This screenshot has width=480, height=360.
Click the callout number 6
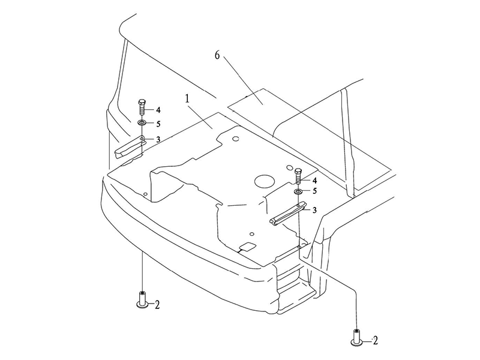(x=217, y=55)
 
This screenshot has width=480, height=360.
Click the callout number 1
(x=187, y=99)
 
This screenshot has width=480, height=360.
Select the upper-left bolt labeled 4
(x=142, y=107)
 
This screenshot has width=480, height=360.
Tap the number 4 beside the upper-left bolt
(x=158, y=110)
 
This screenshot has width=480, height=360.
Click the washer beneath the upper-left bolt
(x=142, y=123)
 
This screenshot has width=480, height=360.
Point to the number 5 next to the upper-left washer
(x=158, y=124)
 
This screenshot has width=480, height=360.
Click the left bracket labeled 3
(x=129, y=147)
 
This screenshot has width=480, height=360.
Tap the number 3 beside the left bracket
(x=158, y=140)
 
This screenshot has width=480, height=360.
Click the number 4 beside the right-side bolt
(x=314, y=181)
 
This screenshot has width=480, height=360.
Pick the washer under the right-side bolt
(x=298, y=191)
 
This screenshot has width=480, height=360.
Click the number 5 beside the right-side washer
(x=314, y=191)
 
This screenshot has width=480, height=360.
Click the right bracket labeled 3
(x=288, y=214)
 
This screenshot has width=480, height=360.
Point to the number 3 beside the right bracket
(x=314, y=211)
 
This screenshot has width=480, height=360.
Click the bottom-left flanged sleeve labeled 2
(x=142, y=300)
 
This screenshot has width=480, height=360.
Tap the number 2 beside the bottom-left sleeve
(x=157, y=305)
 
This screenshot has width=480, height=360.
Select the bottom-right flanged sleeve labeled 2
(x=356, y=338)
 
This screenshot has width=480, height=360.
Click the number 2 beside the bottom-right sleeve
(x=376, y=340)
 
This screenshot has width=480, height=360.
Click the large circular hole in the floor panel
(x=264, y=182)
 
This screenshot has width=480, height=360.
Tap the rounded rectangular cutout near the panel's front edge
(x=248, y=246)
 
